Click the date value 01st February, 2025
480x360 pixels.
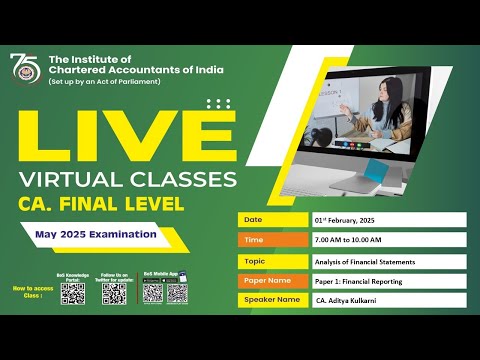(358, 220)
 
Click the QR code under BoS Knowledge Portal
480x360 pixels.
(72, 293)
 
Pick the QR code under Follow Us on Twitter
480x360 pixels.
(113, 293)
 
